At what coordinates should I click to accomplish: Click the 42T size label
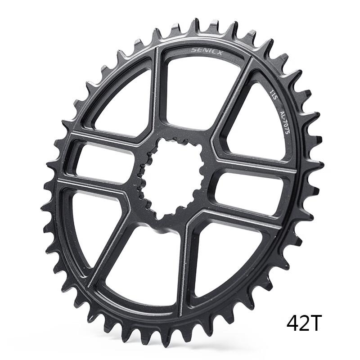click(x=305, y=323)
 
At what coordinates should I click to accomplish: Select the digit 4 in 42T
click(x=293, y=323)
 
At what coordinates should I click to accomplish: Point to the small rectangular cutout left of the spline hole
click(x=101, y=162)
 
